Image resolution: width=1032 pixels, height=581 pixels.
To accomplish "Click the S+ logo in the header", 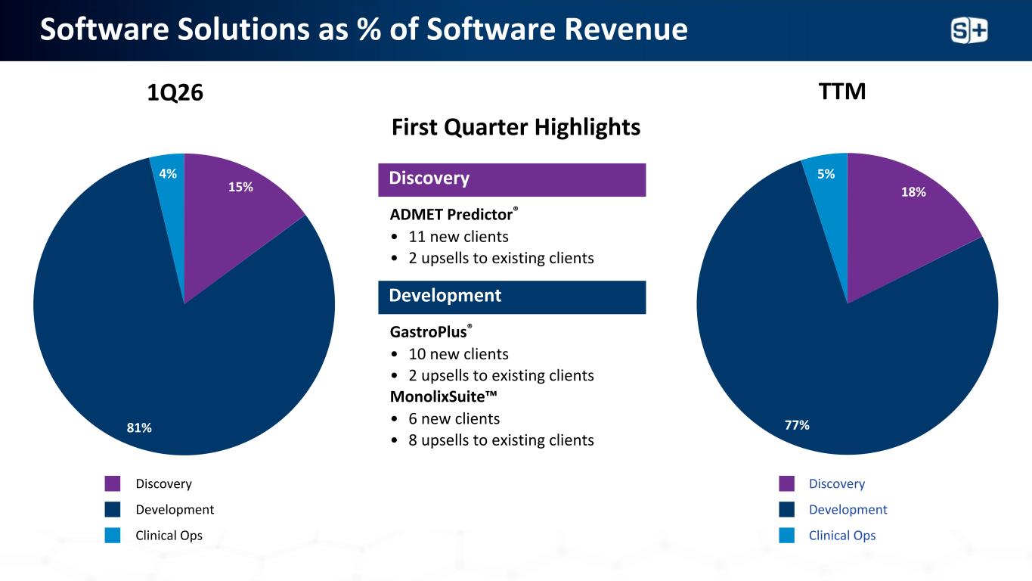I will [x=968, y=30].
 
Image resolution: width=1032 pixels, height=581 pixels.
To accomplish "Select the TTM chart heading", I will [x=844, y=92].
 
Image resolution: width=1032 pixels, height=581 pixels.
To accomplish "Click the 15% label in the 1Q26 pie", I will [x=240, y=187].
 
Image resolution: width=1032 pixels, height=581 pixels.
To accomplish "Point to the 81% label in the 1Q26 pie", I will [x=139, y=428].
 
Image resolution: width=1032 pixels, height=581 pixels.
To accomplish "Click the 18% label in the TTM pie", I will [x=913, y=192].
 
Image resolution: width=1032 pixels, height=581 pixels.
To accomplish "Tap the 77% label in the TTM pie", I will [x=797, y=425].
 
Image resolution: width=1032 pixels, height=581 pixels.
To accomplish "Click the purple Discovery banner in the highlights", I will [x=512, y=179].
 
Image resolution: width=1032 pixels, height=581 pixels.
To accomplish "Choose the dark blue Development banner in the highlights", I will [x=512, y=297].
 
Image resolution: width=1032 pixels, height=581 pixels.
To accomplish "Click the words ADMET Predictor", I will [x=451, y=214].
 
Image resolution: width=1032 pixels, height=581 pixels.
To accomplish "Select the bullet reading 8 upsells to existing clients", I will [x=501, y=440].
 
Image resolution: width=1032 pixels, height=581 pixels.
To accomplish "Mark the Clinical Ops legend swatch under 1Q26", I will [x=113, y=536].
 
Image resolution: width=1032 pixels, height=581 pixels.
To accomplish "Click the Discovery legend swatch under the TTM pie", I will [x=786, y=483].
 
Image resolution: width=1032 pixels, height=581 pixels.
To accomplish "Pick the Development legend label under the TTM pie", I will [x=848, y=510].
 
